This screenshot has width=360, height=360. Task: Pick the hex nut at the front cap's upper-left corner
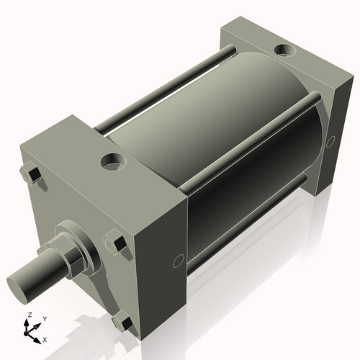coord(30,174)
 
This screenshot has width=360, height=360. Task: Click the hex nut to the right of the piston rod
coord(115,243)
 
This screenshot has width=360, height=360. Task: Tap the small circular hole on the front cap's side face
coord(178,258)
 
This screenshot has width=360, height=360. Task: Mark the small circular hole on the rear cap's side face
coord(333,141)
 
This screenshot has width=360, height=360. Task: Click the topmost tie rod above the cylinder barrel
coord(166,89)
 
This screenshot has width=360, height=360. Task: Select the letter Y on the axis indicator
coord(44,318)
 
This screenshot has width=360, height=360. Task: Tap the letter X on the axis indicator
coord(45,338)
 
